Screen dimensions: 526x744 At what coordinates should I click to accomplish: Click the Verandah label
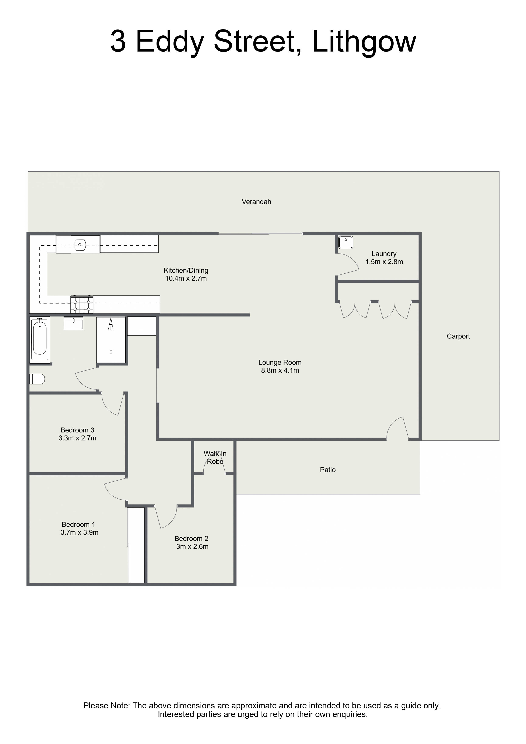click(x=256, y=202)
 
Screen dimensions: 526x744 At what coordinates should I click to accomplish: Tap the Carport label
click(x=458, y=336)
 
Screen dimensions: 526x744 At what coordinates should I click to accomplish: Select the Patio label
click(x=328, y=470)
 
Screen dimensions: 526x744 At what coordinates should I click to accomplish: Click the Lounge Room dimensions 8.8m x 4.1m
click(x=280, y=370)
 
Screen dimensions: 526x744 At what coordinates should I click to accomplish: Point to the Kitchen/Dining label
click(x=186, y=270)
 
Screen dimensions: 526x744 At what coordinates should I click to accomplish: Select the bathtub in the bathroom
click(x=40, y=339)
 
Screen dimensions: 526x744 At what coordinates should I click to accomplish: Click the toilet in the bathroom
click(x=37, y=379)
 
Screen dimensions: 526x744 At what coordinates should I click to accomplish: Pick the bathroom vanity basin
click(x=74, y=323)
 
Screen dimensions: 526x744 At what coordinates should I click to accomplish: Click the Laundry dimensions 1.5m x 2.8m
click(x=384, y=262)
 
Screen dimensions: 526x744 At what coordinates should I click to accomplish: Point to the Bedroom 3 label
click(x=77, y=430)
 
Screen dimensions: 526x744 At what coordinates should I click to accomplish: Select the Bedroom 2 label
click(x=192, y=538)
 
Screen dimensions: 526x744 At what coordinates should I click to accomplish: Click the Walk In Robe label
click(x=215, y=457)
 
